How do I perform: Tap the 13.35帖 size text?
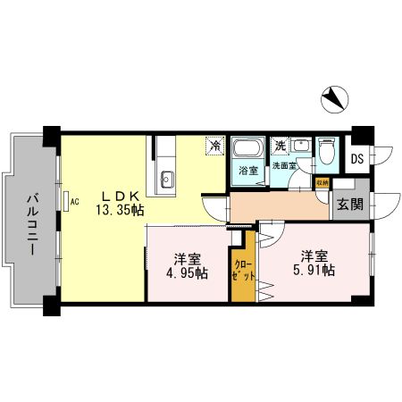(x=121, y=211)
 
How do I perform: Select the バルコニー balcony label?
(x=31, y=224)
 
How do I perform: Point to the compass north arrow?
(x=332, y=97)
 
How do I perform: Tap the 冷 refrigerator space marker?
(x=214, y=144)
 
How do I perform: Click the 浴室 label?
(x=247, y=171)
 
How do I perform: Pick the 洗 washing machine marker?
(x=280, y=145)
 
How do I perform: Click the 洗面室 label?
(x=286, y=166)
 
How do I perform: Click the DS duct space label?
(x=356, y=160)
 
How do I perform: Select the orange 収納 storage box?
(x=322, y=183)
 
